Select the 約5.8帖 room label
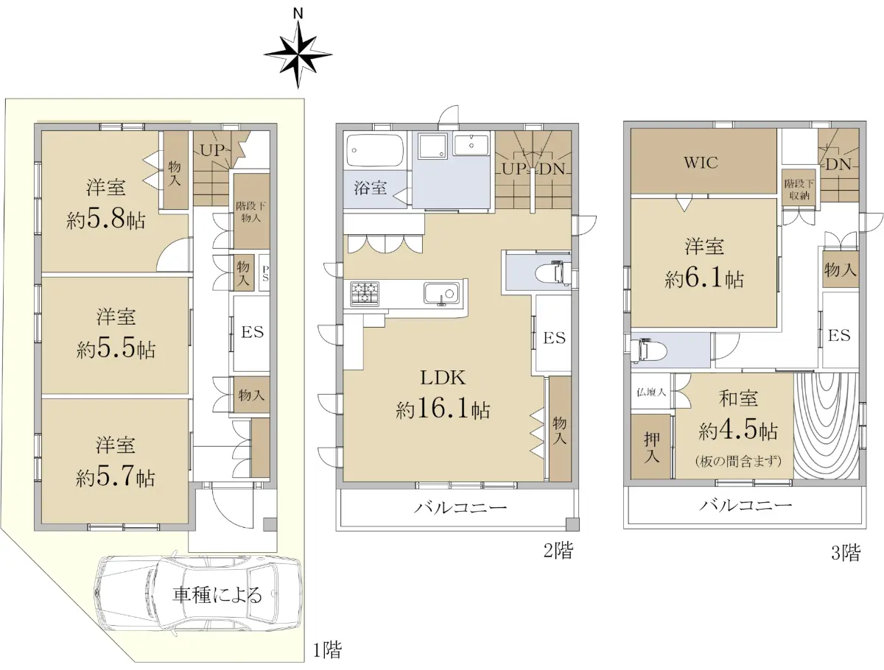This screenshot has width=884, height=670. (105, 220)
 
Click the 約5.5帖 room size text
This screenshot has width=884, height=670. (116, 348)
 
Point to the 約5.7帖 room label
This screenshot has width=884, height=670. (115, 477)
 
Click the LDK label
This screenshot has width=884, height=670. (443, 378)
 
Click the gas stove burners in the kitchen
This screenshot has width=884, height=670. (365, 293)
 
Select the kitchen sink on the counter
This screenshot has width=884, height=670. (441, 294)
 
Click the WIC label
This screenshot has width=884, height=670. (701, 163)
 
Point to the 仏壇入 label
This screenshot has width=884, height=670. (651, 392)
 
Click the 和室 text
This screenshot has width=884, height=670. (739, 398)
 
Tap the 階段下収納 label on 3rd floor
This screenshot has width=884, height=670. (799, 190)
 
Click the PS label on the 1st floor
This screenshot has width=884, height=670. (265, 273)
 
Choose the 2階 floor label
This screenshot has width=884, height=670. (558, 551)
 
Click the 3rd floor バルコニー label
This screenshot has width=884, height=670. (746, 505)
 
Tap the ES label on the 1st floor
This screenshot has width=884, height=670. (252, 332)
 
